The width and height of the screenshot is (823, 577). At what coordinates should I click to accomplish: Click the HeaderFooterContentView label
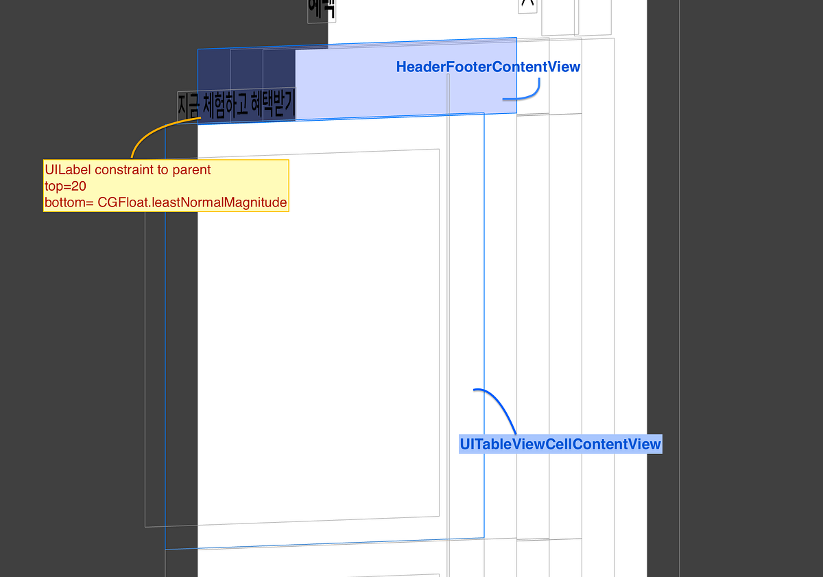(x=488, y=67)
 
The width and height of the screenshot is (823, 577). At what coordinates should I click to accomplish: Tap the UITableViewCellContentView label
(x=560, y=444)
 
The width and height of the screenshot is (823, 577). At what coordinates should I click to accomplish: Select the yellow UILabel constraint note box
(x=165, y=186)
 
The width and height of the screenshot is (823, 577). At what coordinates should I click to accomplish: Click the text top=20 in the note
(x=65, y=186)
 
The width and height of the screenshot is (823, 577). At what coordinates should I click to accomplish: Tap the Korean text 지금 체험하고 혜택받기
(x=236, y=106)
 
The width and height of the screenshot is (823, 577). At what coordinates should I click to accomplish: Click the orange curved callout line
(x=154, y=134)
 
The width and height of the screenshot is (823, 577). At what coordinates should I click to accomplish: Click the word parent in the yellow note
(x=192, y=169)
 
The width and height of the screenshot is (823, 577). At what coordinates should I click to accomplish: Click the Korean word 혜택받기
(x=273, y=106)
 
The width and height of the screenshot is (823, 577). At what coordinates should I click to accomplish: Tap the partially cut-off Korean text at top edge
(x=322, y=8)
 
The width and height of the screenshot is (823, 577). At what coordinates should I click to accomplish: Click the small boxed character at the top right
(x=527, y=5)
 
